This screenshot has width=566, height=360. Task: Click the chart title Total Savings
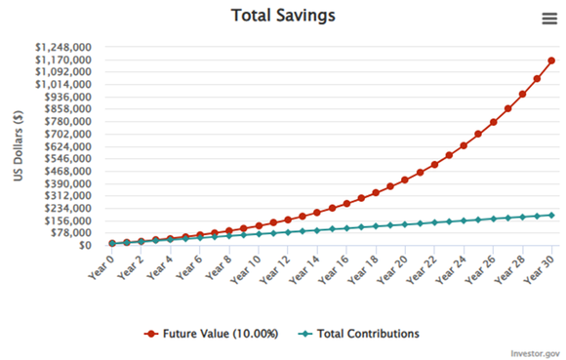(284, 16)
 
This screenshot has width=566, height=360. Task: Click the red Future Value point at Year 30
(552, 60)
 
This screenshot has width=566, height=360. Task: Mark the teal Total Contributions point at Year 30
(552, 215)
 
